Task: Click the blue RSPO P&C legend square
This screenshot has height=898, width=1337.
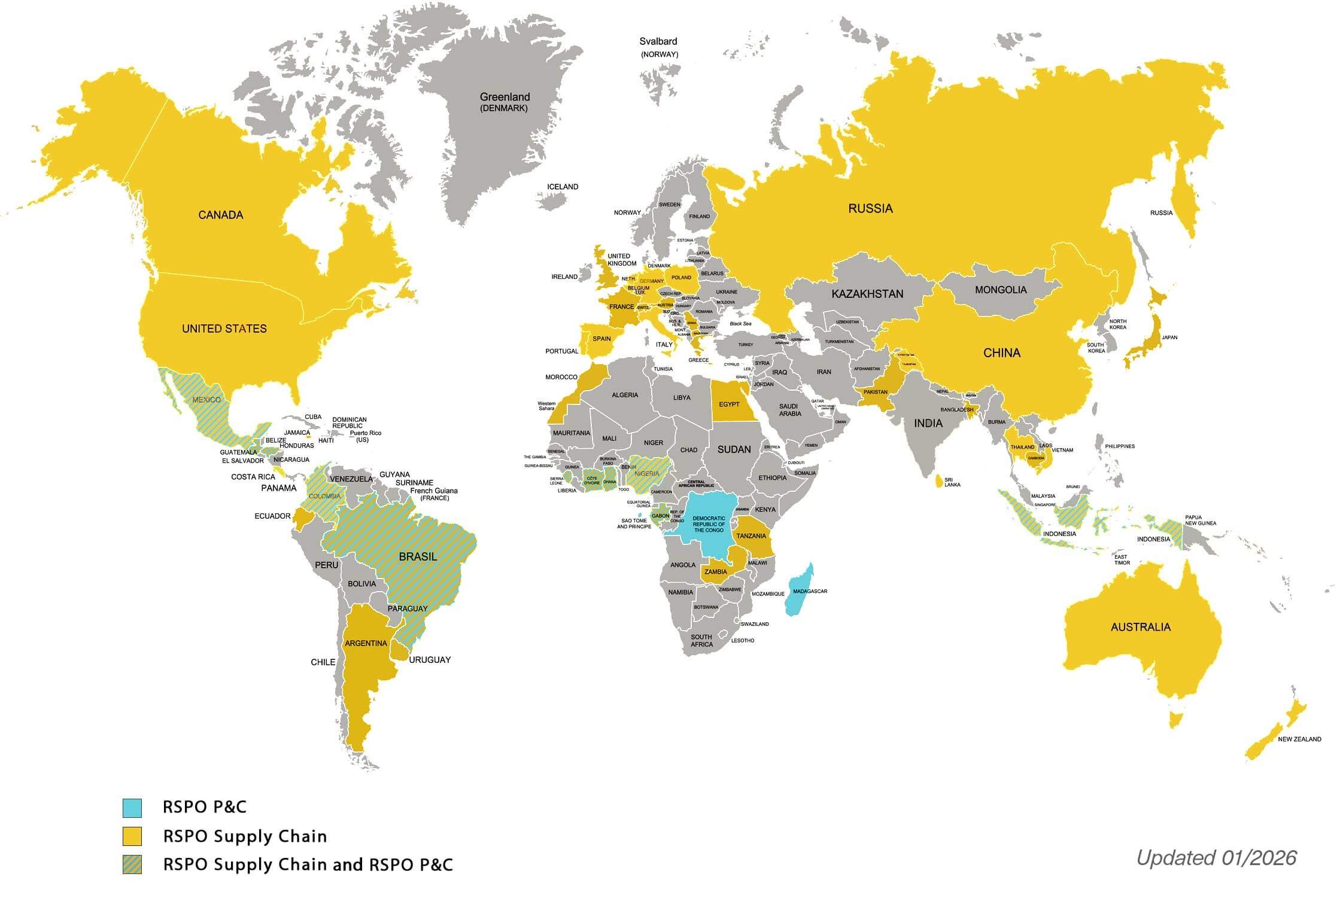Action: [x=132, y=808]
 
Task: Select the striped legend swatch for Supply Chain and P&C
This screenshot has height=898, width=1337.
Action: [x=132, y=864]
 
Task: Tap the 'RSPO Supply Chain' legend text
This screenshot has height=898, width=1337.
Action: [x=245, y=836]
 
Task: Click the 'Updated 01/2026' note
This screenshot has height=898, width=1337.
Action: [x=1216, y=858]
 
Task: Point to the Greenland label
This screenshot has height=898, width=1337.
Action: [x=505, y=97]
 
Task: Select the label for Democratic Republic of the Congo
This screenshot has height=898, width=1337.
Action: [x=709, y=524]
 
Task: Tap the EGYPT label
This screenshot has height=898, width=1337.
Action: [x=729, y=404]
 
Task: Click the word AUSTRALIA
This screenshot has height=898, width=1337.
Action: [x=1140, y=627]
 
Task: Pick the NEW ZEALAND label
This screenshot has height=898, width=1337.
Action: [x=1299, y=739]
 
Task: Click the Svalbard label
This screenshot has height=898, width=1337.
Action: [x=658, y=42]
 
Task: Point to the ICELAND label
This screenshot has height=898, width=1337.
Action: [x=563, y=187]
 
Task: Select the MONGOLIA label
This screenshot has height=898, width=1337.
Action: [x=1001, y=290]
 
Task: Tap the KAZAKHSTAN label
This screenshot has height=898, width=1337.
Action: [x=867, y=294]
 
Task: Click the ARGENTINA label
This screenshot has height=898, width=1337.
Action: [x=366, y=644]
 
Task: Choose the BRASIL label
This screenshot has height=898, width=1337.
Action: [x=418, y=556]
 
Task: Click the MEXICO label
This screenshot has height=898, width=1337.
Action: [x=206, y=400]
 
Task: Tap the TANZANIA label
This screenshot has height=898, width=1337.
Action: [x=751, y=536]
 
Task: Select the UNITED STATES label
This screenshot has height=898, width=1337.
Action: [x=224, y=328]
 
